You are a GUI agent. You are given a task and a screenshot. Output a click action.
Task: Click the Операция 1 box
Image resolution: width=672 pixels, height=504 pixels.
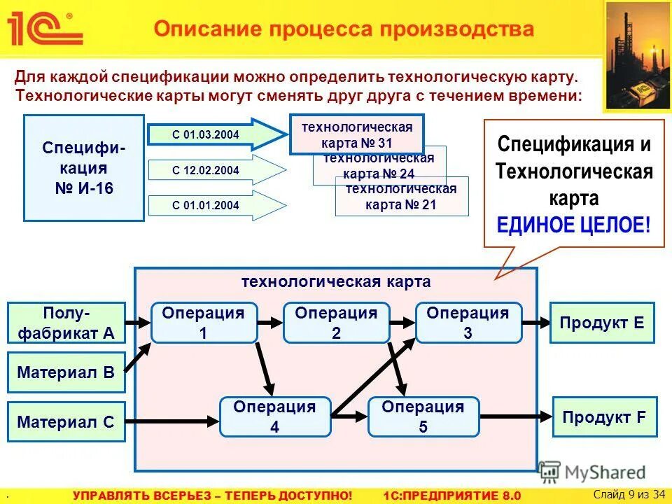204,323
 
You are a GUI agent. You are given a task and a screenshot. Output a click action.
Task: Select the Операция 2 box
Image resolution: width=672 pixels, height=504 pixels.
336,323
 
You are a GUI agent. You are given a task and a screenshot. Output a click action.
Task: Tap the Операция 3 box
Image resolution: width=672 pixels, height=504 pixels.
468,323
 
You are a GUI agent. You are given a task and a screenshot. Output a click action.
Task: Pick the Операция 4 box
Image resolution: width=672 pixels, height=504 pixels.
274,416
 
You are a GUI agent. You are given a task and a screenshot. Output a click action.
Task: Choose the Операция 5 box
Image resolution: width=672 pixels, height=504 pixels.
423,416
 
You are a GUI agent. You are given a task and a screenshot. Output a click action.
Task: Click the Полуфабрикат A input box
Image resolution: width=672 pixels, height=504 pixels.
66,322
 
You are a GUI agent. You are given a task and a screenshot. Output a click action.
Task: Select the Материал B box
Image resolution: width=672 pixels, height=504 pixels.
66,372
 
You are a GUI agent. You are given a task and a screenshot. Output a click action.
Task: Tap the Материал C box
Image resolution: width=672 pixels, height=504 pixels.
66,421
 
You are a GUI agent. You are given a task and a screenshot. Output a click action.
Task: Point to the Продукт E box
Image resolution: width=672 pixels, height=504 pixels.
602,323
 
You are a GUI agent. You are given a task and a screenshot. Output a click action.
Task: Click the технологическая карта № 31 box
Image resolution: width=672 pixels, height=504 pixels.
356,134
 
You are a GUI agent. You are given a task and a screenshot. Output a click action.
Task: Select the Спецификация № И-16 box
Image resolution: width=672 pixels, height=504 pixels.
84,168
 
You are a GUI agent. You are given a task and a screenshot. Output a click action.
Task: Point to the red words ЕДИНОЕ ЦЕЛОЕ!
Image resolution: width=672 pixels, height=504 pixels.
573,225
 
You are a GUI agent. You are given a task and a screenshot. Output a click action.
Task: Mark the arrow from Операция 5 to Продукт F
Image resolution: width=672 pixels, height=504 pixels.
516,417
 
